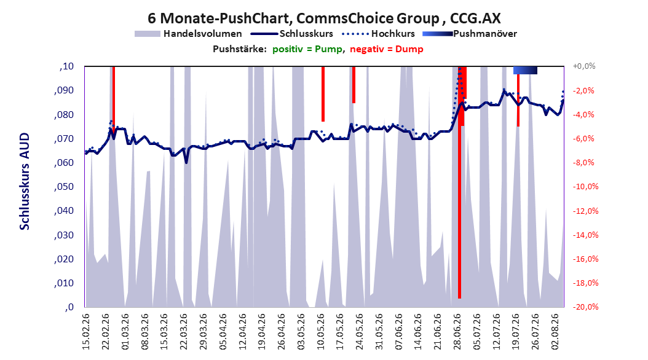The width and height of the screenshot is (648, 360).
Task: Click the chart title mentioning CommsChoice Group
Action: point(324,18)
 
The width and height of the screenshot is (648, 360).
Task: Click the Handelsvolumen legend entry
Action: point(188,34)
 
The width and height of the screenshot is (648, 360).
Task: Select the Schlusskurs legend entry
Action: point(292,34)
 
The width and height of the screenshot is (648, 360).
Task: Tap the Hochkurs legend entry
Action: point(378,34)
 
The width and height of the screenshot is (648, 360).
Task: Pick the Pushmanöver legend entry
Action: point(470,34)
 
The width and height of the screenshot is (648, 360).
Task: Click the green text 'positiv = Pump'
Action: point(307,49)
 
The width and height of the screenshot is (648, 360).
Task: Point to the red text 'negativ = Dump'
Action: point(387,49)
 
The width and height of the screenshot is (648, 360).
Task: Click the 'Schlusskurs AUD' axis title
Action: point(25,181)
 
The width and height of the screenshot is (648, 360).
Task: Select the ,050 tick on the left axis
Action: point(64,187)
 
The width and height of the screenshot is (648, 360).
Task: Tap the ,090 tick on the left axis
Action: point(64,90)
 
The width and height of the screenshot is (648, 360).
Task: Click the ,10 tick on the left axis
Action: point(66,66)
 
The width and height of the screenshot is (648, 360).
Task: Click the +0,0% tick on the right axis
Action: point(584,66)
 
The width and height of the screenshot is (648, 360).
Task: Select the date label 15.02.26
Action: point(86,332)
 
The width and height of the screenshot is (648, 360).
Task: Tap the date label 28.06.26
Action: point(457,332)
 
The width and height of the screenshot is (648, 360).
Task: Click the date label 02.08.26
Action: point(555,332)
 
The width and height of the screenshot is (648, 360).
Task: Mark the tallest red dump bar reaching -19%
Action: point(459,182)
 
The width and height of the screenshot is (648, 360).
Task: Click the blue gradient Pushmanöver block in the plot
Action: point(525,70)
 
